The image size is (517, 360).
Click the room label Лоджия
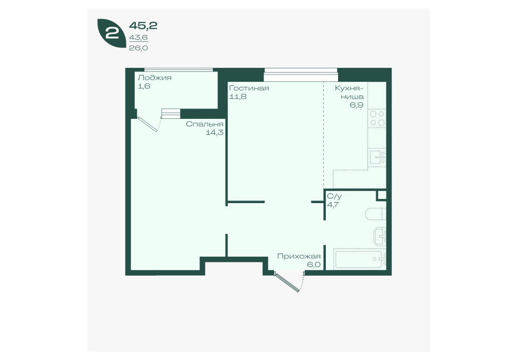click(x=155, y=78)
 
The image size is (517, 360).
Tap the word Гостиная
click(x=249, y=88)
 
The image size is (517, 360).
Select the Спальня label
click(x=205, y=124)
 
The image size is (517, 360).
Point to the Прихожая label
click(x=299, y=257)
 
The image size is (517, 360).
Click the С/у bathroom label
click(x=335, y=196)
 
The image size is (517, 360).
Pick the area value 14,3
click(x=214, y=133)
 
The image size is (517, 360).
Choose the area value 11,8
click(x=238, y=97)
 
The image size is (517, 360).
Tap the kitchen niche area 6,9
click(x=357, y=105)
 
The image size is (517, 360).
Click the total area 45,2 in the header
click(x=143, y=25)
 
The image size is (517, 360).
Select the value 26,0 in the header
click(x=138, y=48)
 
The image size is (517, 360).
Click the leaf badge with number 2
click(x=112, y=33)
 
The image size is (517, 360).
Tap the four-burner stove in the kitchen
click(x=377, y=118)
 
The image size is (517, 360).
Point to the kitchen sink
click(x=377, y=158)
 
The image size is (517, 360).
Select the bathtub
click(x=360, y=259)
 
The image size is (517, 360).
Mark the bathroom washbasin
click(x=380, y=236)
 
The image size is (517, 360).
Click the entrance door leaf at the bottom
click(x=287, y=282)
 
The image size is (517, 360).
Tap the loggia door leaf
click(x=147, y=124)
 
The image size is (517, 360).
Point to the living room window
click(x=301, y=75)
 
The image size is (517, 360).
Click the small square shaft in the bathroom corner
click(x=382, y=195)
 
